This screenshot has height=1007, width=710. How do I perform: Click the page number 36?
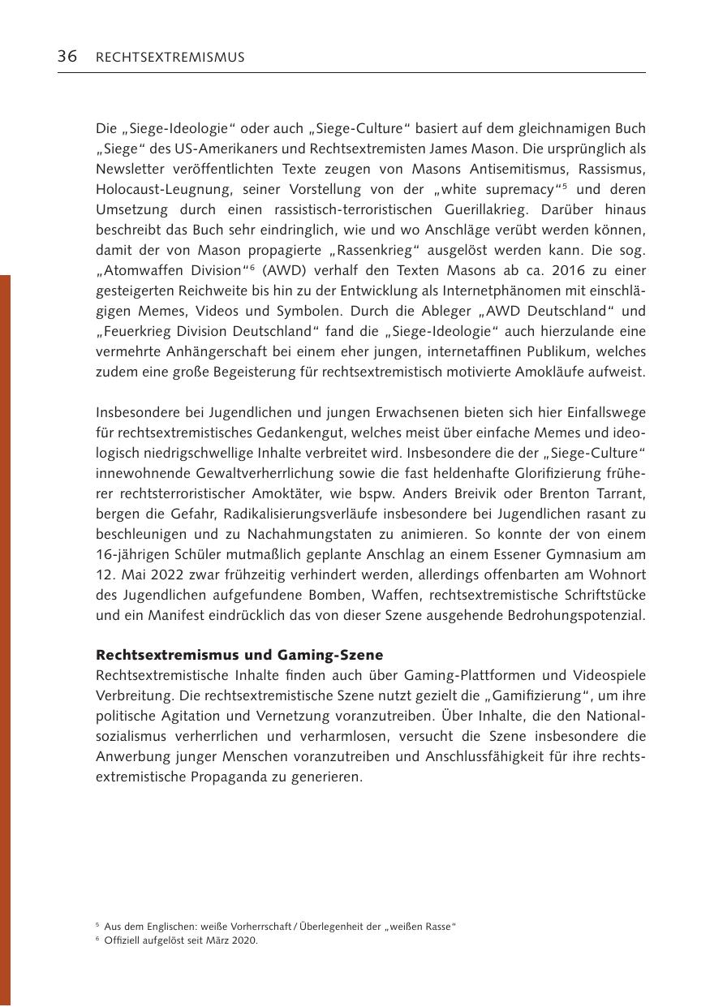tap(67, 57)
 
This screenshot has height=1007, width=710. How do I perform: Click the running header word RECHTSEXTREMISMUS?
tap(170, 58)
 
